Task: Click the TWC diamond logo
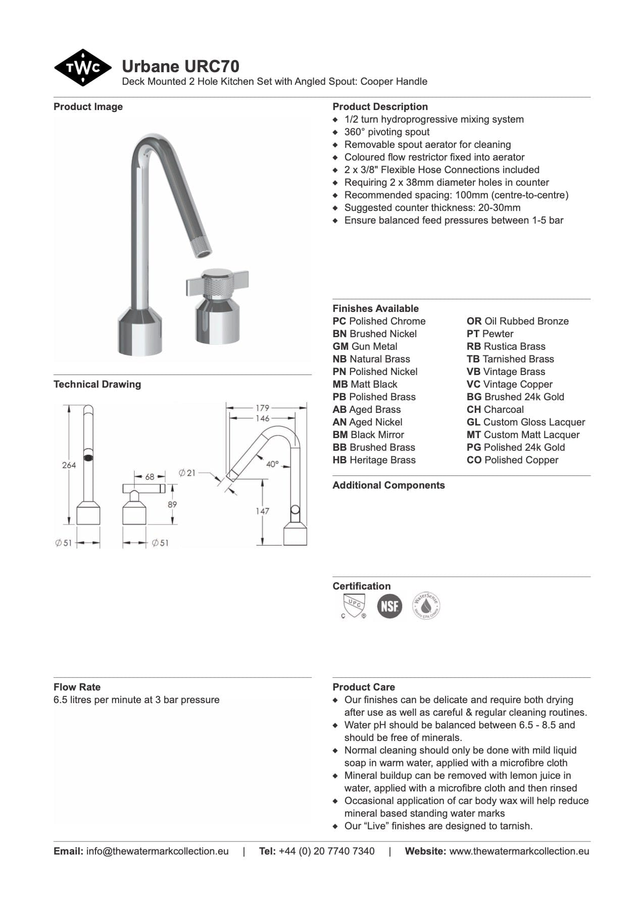pyautogui.click(x=82, y=68)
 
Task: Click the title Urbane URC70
pyautogui.click(x=180, y=66)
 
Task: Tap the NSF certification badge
pyautogui.click(x=389, y=605)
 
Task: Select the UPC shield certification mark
pyautogui.click(x=353, y=605)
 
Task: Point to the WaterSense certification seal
pyautogui.click(x=426, y=605)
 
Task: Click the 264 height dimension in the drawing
pyautogui.click(x=69, y=465)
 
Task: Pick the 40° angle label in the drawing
pyautogui.click(x=272, y=464)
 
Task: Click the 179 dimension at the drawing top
pyautogui.click(x=262, y=407)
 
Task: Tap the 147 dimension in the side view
pyautogui.click(x=262, y=511)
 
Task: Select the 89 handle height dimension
pyautogui.click(x=172, y=504)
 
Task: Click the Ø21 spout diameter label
pyautogui.click(x=187, y=473)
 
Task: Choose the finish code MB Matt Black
pyautogui.click(x=365, y=384)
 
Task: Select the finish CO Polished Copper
pyautogui.click(x=512, y=460)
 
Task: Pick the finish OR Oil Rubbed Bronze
pyautogui.click(x=517, y=321)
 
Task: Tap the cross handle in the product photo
pyautogui.click(x=217, y=285)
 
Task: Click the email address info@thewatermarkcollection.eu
pyautogui.click(x=157, y=851)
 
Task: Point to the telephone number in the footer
pyautogui.click(x=326, y=851)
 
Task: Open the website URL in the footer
pyautogui.click(x=519, y=851)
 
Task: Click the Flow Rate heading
pyautogui.click(x=77, y=687)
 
